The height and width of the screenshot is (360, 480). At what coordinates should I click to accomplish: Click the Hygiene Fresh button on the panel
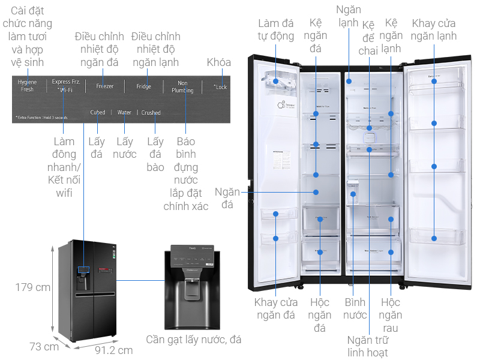tap(27, 86)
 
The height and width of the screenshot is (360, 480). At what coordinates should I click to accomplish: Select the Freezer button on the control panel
tap(104, 86)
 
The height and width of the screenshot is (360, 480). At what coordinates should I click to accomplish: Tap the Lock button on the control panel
tap(221, 87)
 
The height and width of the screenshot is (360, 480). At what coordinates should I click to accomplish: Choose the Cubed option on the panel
tap(97, 113)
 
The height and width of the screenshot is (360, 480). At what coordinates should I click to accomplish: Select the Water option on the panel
tap(124, 113)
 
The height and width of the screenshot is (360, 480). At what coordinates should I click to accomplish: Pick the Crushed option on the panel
tap(151, 113)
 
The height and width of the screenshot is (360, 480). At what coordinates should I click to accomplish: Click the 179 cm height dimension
tap(32, 287)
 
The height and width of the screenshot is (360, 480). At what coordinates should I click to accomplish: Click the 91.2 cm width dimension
tap(113, 350)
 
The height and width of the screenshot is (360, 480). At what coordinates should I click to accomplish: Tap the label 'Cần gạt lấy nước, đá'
tap(194, 340)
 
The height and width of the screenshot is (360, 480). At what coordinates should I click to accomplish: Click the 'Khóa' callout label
tap(219, 62)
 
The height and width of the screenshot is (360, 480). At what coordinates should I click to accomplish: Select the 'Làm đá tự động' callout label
tap(276, 29)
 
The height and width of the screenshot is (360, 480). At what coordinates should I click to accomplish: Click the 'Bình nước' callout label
tap(355, 308)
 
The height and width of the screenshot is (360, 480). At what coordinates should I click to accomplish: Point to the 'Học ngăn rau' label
tap(391, 314)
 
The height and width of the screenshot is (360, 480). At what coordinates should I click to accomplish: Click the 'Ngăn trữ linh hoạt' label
tap(367, 346)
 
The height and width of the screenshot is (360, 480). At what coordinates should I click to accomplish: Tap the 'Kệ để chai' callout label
tap(368, 37)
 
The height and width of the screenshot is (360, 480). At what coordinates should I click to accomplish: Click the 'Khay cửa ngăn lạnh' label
tap(434, 30)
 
